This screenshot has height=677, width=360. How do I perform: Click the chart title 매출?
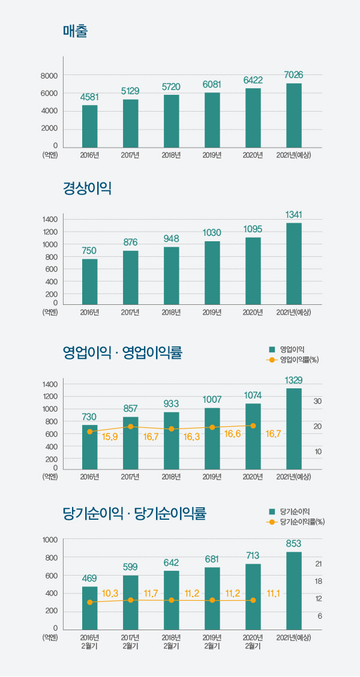(x=76, y=31)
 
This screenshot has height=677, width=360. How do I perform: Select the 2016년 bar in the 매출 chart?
(x=89, y=126)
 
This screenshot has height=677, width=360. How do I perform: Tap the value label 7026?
(x=293, y=75)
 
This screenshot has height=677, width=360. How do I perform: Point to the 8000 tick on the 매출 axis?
(x=49, y=76)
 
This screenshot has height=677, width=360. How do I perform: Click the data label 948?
(x=171, y=239)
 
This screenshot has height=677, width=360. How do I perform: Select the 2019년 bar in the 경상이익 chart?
(x=212, y=272)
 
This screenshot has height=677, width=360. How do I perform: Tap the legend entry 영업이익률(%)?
(x=298, y=360)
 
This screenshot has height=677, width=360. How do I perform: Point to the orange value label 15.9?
(x=110, y=436)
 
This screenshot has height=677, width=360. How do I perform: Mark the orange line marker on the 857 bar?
(x=130, y=427)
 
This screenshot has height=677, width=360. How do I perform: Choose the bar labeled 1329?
(x=293, y=428)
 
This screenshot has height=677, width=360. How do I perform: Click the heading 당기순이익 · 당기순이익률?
(x=134, y=514)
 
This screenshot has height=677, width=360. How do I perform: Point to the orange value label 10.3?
(x=110, y=594)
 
